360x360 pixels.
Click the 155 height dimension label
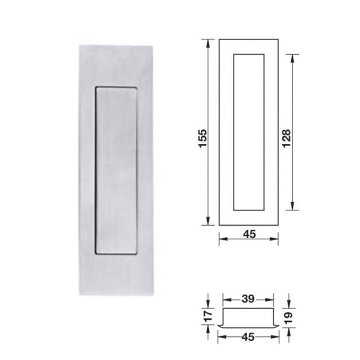point(203,138)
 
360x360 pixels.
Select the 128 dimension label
point(287,138)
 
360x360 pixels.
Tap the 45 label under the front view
point(249,234)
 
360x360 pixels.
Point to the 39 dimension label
point(248,299)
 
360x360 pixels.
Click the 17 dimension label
point(208,316)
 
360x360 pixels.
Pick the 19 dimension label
point(288,318)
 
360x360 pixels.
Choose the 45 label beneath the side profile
point(248,337)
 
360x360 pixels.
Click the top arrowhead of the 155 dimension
point(208,43)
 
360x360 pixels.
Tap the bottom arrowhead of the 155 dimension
point(208,221)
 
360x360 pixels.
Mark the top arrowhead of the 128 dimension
point(292,59)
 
